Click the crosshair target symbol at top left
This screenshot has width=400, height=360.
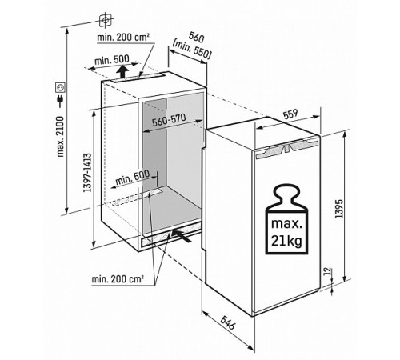pos(106,20)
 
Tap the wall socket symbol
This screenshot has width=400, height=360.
pos(60,87)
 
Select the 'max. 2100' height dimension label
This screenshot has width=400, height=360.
pos(61,136)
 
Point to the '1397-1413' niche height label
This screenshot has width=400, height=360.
pos(87,173)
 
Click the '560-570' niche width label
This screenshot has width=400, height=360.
pos(169,120)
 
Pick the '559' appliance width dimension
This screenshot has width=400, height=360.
pos(290,114)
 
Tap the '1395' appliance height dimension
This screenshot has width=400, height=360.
pos(339,209)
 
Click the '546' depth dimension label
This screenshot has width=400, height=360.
pos(228,322)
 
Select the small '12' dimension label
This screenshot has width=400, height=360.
pos(328,271)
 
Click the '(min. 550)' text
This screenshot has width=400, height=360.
pos(192,50)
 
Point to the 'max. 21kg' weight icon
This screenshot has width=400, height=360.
pos(286,219)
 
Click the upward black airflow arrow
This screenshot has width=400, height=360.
pos(122,71)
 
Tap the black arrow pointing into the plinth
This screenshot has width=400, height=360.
pos(181,236)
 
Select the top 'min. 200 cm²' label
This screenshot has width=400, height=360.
pos(123,38)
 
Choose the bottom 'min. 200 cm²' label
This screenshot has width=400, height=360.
pos(118,279)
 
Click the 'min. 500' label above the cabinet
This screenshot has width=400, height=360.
pos(112,60)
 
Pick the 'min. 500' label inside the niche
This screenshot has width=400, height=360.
pos(133,178)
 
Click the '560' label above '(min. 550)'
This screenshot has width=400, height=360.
pos(197,38)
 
